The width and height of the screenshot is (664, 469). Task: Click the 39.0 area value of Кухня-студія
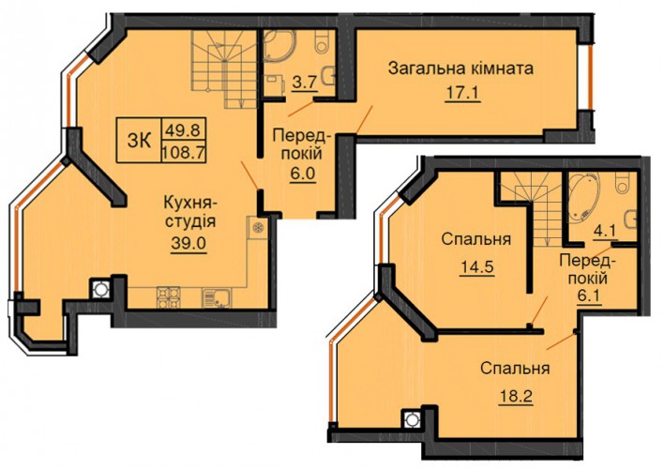(189, 243)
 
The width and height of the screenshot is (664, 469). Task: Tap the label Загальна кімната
(460, 68)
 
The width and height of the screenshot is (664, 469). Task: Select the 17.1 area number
(462, 93)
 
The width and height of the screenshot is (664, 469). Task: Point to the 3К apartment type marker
(140, 141)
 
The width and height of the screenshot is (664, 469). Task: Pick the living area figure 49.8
(184, 129)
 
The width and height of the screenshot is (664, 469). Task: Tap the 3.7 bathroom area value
(305, 82)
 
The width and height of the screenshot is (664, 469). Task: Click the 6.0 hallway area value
(304, 174)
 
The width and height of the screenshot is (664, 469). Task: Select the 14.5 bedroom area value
(476, 267)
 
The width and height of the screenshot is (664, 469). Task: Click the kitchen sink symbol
(216, 297)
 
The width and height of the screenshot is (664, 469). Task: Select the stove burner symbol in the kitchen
(168, 297)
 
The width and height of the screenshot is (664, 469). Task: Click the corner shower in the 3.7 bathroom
(279, 48)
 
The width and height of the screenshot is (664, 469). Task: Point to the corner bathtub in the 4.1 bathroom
(584, 197)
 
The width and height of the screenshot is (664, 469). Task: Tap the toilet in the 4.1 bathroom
(625, 184)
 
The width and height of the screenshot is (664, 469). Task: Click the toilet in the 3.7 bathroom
(323, 41)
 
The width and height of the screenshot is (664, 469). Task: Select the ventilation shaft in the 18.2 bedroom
(411, 420)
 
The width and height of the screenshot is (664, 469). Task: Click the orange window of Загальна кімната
(590, 77)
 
